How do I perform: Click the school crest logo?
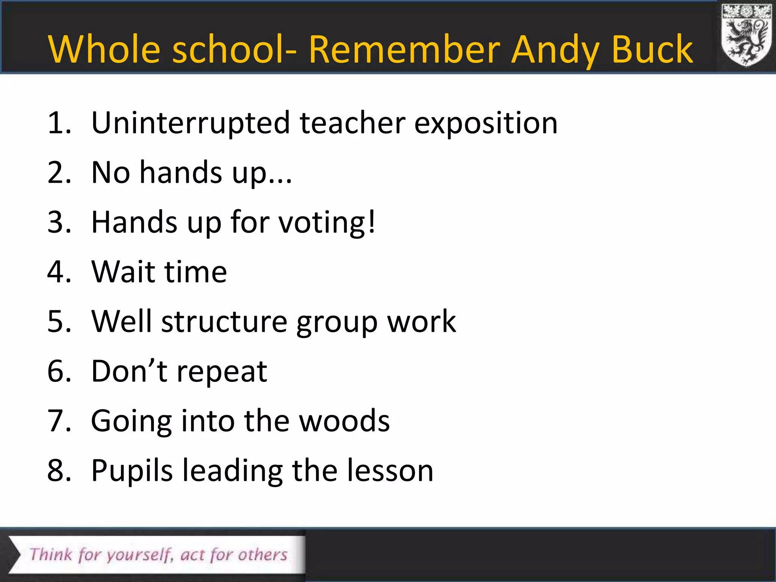[746, 36]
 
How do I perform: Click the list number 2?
[57, 173]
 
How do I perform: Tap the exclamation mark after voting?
[372, 222]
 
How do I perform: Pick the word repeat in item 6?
[222, 371]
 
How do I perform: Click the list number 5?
[57, 321]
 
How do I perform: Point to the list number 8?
[57, 471]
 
